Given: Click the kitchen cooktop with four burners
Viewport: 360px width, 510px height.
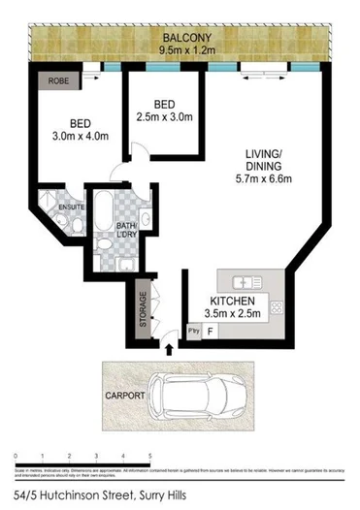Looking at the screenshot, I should coord(277,308).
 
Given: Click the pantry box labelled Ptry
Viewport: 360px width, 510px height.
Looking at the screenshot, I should coord(193,332).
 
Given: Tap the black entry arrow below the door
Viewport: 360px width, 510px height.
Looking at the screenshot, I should coord(171,347).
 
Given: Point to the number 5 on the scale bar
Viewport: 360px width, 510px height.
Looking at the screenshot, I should coord(150,454).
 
